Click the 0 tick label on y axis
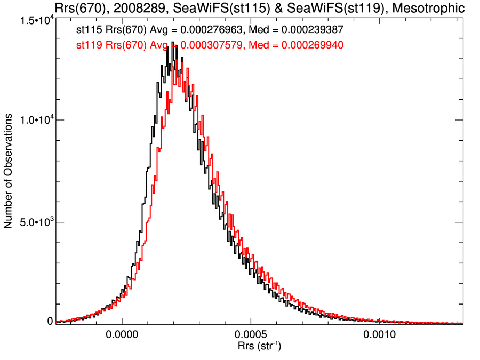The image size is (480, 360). pyautogui.click(x=50, y=321)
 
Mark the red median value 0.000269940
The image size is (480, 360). pyautogui.click(x=305, y=46)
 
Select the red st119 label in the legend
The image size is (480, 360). pyautogui.click(x=86, y=46)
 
